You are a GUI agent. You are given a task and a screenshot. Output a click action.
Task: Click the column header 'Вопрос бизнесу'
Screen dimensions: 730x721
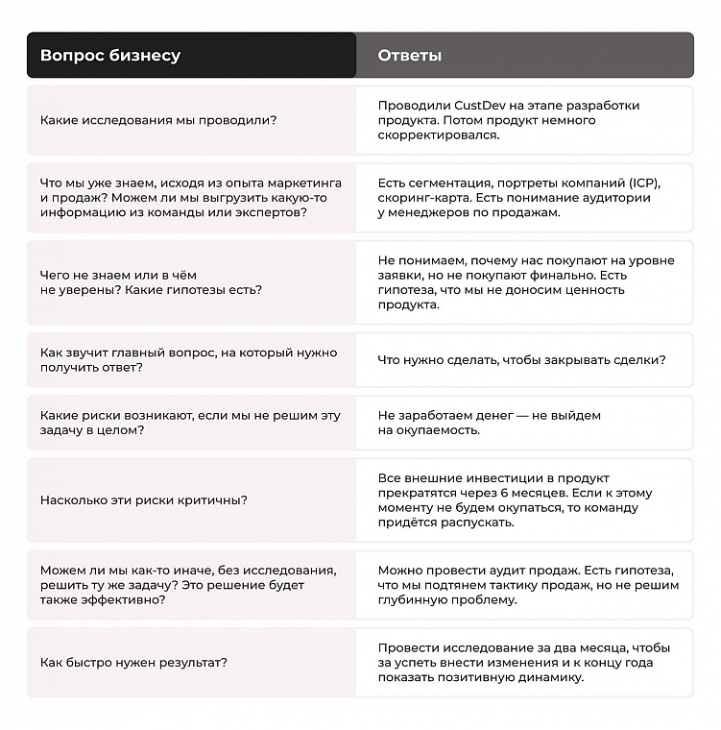pos(109,56)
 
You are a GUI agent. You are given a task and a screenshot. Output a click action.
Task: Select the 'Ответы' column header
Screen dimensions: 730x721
pos(410,56)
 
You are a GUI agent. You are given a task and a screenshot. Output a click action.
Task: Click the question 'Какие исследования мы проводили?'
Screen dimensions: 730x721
pos(158,120)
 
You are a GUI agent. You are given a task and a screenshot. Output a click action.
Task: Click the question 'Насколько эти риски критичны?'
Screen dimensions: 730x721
pos(144,499)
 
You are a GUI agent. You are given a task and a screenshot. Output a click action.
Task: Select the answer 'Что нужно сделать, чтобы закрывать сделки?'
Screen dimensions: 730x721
pos(521,360)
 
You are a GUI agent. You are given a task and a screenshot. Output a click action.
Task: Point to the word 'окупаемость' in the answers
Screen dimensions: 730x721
pos(438,430)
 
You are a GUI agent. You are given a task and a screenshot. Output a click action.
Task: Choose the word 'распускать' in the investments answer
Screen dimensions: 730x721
pos(481,523)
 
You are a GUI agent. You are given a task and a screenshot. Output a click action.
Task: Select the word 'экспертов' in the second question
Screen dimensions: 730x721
pos(272,212)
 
